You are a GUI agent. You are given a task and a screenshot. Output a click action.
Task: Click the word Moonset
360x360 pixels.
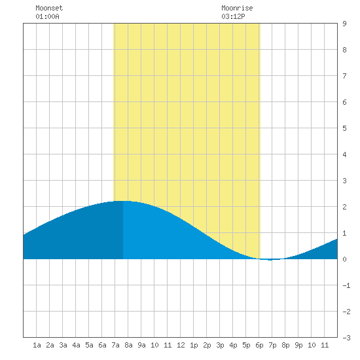(x=49, y=8)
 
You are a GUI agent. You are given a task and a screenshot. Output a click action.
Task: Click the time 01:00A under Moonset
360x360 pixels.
(x=47, y=16)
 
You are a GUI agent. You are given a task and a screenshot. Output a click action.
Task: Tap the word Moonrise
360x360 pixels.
(x=237, y=8)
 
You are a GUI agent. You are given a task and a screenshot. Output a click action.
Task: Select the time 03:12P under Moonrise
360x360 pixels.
(x=233, y=16)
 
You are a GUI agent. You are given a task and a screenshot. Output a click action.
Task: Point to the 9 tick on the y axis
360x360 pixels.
(x=344, y=24)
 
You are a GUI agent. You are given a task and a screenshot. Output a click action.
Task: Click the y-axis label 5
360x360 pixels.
(x=344, y=128)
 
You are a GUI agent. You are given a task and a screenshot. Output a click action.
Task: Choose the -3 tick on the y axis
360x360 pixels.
(x=346, y=338)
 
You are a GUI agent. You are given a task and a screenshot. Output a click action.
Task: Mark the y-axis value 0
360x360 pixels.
(x=344, y=259)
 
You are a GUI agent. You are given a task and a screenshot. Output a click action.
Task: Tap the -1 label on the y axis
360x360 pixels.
(x=346, y=285)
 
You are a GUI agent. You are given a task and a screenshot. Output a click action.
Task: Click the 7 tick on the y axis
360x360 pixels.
(x=344, y=76)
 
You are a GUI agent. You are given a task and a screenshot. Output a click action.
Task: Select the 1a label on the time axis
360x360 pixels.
(x=37, y=345)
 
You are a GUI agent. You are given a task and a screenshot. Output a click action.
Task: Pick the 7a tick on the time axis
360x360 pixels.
(x=115, y=345)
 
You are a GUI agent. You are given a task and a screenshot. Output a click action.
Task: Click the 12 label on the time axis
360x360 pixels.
(x=181, y=345)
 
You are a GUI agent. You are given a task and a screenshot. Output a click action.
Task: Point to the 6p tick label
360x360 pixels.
(x=259, y=345)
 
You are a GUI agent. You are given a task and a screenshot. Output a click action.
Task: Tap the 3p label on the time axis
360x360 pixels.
(x=220, y=345)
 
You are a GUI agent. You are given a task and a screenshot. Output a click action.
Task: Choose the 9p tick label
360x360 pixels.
(x=298, y=345)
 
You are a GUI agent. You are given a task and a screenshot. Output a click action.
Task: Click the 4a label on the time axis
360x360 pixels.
(x=76, y=345)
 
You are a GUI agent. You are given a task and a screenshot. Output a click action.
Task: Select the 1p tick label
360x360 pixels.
(x=194, y=345)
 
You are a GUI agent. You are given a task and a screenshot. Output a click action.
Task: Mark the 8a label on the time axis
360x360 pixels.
(x=128, y=345)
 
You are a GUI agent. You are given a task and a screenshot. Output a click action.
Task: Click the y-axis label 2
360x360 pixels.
(x=344, y=207)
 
